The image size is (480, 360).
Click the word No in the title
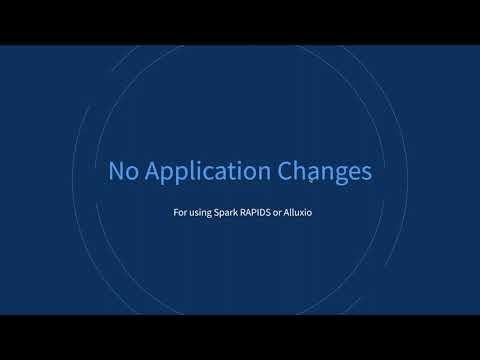point(122,172)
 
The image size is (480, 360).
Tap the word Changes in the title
point(322,173)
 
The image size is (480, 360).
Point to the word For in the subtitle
point(180,213)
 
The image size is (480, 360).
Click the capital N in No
point(115,172)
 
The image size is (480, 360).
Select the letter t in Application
point(229,172)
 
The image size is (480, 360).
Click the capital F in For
point(176,213)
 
